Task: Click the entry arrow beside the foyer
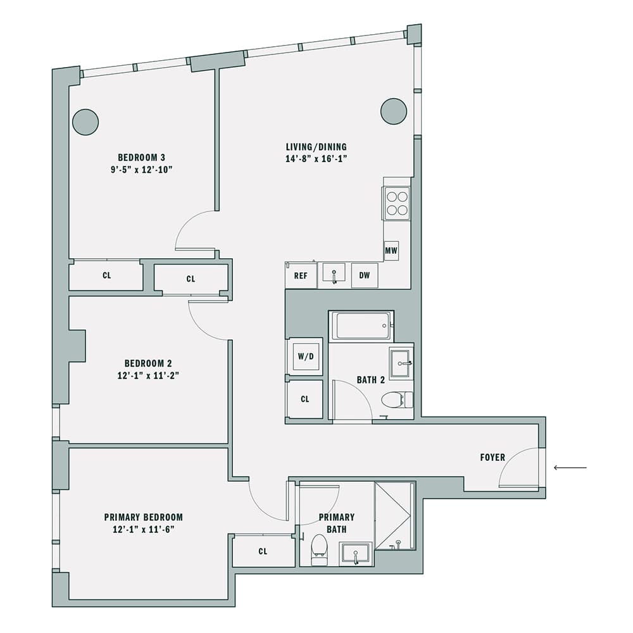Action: click(570, 468)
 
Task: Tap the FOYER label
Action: click(492, 458)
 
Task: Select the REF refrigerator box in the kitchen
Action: click(301, 275)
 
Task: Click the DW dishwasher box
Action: click(365, 275)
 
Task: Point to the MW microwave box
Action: click(391, 251)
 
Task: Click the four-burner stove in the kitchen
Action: click(397, 204)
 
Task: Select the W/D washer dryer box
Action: click(306, 356)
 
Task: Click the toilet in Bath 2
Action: click(396, 399)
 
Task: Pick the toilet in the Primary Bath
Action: click(320, 548)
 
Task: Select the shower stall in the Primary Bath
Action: click(394, 516)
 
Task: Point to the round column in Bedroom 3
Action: click(85, 122)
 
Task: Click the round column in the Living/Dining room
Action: click(393, 111)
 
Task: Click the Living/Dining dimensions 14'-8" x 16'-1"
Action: click(316, 159)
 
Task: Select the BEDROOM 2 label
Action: click(148, 363)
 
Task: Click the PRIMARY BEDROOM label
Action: click(144, 517)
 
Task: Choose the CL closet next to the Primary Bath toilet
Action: click(263, 551)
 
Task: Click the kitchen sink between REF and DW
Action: click(334, 275)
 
